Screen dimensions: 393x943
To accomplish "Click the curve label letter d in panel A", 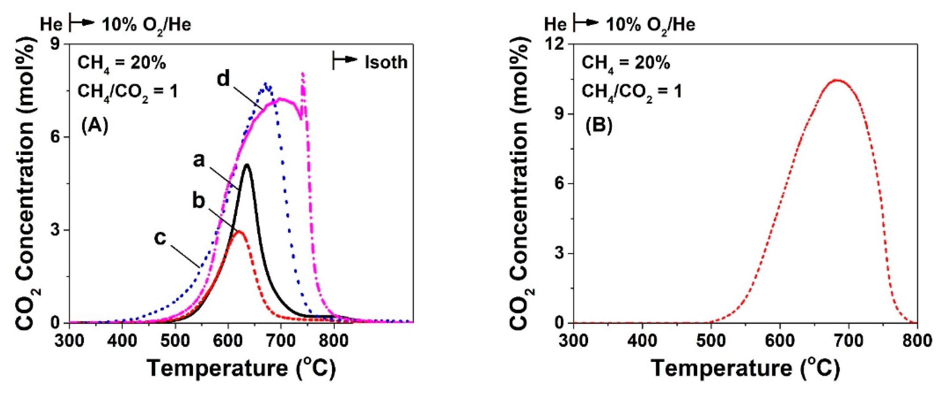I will click(x=223, y=79).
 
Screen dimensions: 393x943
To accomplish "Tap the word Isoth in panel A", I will click(x=386, y=62).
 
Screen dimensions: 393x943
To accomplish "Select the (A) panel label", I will click(x=94, y=126).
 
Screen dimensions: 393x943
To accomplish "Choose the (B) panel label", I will click(x=599, y=126).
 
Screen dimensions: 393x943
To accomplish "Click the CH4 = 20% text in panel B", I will click(x=626, y=63).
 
